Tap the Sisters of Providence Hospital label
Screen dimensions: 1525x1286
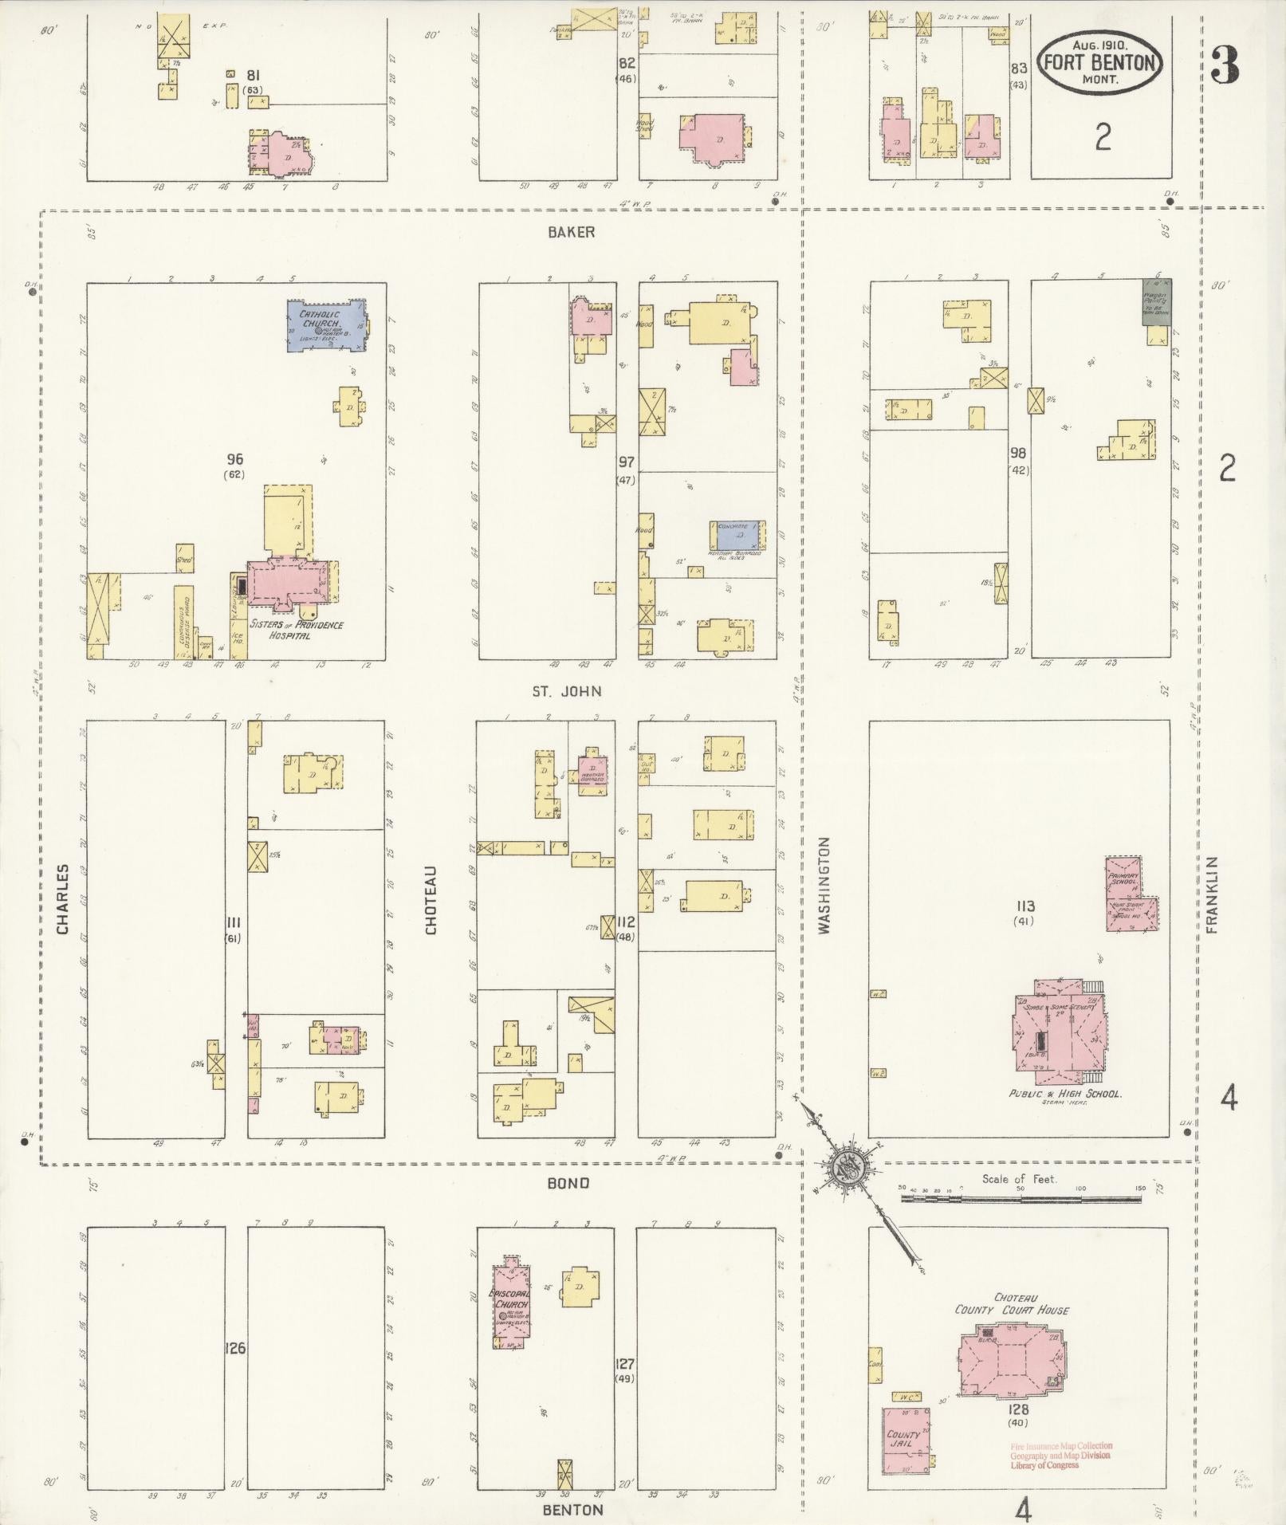[297, 630]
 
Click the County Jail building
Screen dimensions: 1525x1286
[906, 1440]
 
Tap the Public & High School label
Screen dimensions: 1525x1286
[1065, 1095]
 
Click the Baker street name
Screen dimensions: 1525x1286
[571, 232]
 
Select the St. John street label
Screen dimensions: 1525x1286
[567, 691]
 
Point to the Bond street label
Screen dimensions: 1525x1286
[568, 1183]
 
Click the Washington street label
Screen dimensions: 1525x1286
[824, 885]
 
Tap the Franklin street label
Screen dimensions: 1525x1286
[1213, 895]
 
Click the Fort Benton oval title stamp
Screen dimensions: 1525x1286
[1099, 63]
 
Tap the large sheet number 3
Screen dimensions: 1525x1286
[1225, 65]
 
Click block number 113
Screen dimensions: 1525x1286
[1025, 906]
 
